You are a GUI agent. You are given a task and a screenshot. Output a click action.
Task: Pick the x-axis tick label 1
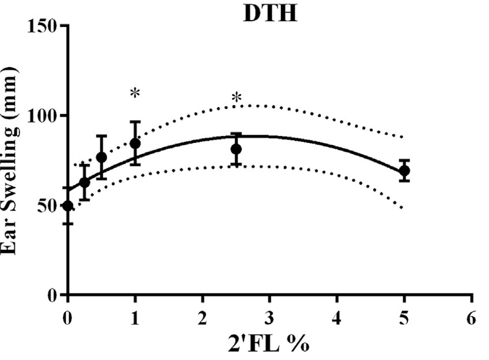point(135,315)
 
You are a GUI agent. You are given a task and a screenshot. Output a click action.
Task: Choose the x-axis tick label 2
point(203,315)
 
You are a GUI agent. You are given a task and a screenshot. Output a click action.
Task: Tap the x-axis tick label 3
point(270,315)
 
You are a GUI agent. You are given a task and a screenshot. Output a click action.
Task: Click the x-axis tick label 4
point(337,315)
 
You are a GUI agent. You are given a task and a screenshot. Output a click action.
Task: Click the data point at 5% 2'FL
point(404,171)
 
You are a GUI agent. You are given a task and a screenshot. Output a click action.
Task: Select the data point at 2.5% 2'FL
point(236,149)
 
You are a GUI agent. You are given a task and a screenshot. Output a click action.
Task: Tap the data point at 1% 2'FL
point(135,144)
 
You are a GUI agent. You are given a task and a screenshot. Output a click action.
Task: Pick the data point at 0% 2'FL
point(68,205)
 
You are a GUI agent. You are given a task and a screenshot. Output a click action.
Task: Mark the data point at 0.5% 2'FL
point(102,157)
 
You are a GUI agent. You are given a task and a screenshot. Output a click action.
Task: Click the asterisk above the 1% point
point(135,94)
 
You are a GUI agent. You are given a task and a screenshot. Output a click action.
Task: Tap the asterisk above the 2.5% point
point(236,98)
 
